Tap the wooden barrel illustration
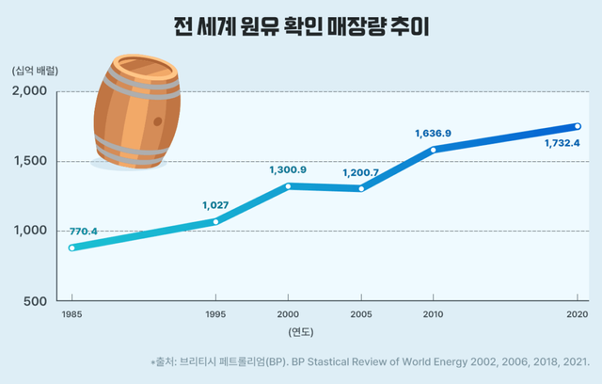[x=136, y=114]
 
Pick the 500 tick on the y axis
[x=36, y=301]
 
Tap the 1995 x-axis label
[x=215, y=314]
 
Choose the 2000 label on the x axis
[x=288, y=314]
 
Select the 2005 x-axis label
[x=360, y=314]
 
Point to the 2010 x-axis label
[x=433, y=314]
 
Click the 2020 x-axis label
[x=578, y=314]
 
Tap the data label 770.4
[x=84, y=231]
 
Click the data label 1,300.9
[x=288, y=169]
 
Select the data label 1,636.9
[x=433, y=134]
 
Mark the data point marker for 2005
[x=360, y=188]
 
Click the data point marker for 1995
[x=215, y=222]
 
